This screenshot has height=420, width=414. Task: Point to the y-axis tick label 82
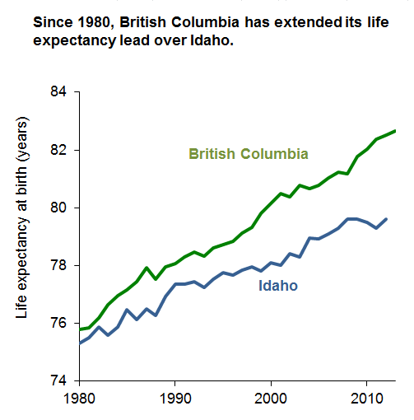61,150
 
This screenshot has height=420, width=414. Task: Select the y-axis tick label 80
61,208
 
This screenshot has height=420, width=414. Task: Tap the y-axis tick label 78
61,265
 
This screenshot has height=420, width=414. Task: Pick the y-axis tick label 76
61,323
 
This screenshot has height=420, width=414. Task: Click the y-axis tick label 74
61,380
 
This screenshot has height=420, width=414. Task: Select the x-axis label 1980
79,399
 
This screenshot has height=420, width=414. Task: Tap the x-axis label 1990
174,399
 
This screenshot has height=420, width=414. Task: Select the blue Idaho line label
278,286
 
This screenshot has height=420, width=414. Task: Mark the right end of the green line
396,131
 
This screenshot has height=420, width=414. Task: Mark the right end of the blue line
386,219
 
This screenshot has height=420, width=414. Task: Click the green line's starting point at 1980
80,329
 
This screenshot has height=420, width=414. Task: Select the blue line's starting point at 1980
80,342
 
